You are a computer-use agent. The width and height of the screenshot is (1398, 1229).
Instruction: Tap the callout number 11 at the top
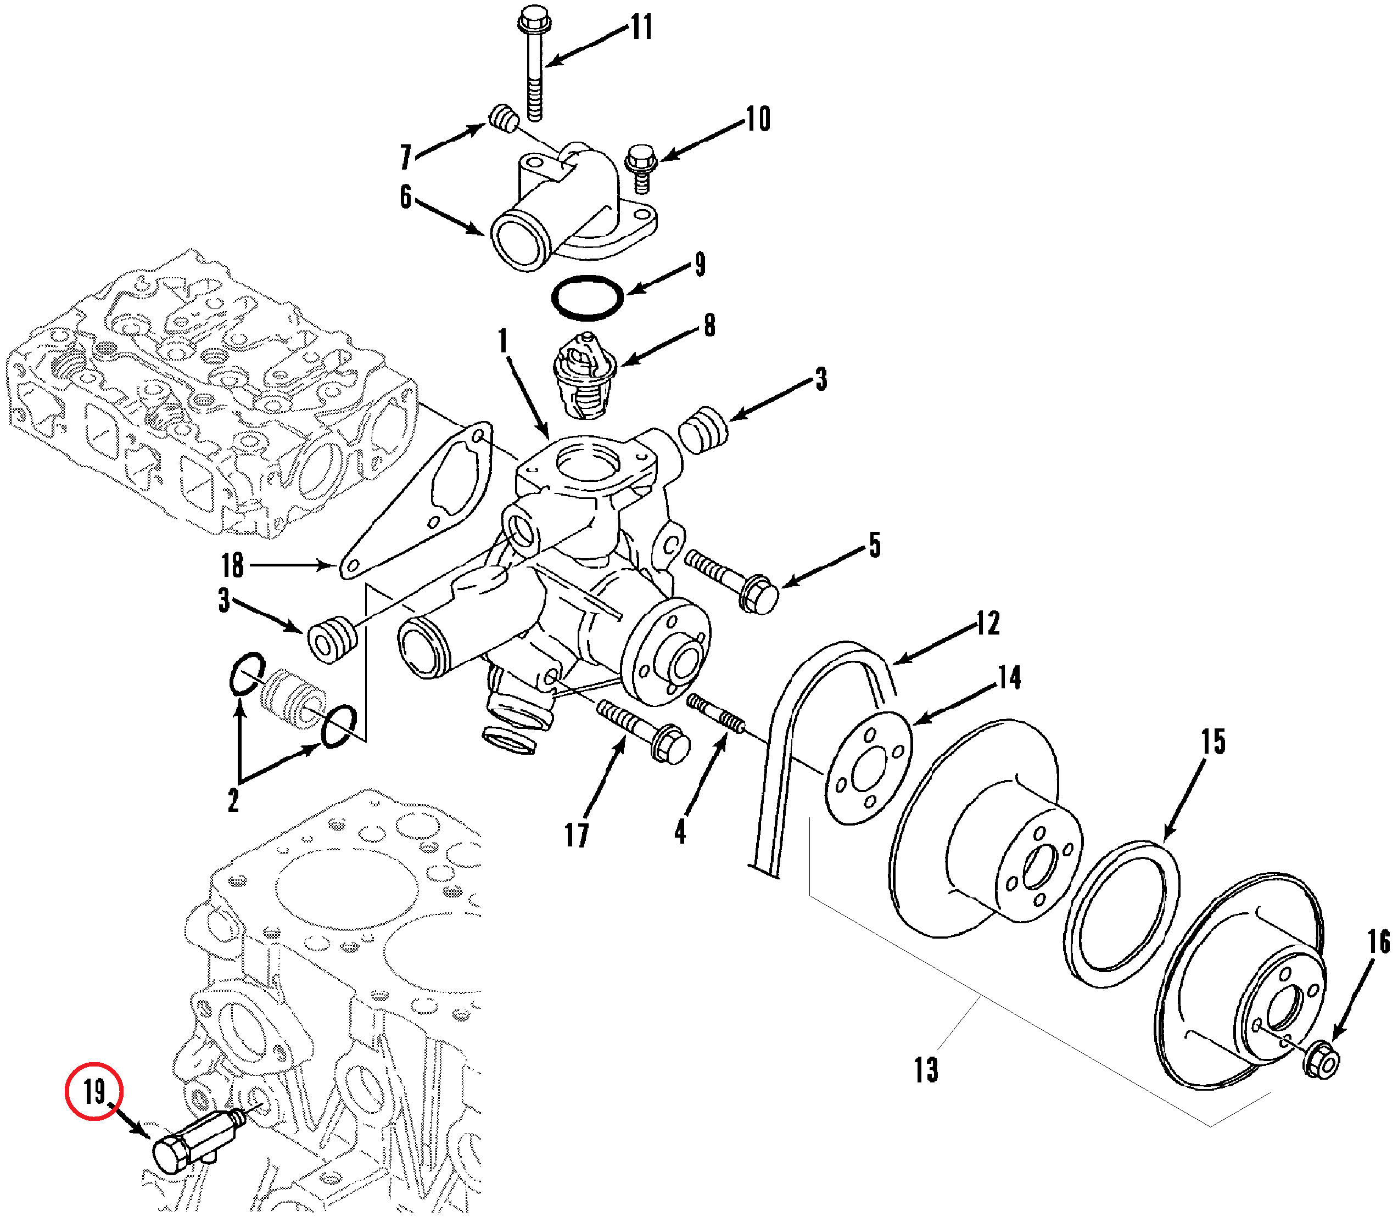coord(641,27)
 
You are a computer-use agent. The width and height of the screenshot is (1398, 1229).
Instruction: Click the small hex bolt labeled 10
coord(641,167)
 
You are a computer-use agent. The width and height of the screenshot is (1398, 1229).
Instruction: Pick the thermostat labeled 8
coord(585,376)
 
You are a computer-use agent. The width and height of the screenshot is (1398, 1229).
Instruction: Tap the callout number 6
coord(406,197)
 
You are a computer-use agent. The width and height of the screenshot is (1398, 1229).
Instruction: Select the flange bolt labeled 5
coord(731,581)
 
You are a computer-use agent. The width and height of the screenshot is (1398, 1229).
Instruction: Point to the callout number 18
coord(233,565)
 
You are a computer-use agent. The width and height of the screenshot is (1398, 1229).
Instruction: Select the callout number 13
coord(927,1070)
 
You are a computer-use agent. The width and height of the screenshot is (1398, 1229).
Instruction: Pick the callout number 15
coord(1214,742)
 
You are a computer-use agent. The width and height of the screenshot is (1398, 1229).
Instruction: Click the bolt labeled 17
coord(642,731)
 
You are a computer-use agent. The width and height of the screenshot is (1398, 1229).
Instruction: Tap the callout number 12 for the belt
coord(988,622)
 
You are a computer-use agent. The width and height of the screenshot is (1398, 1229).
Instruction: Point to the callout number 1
coord(504,340)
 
